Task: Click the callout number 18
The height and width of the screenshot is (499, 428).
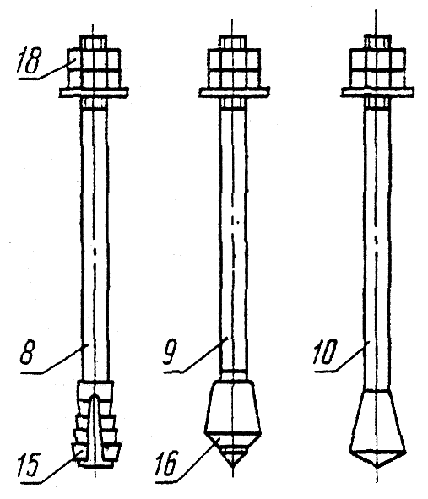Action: pos(30,61)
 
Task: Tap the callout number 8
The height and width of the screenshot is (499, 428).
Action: pos(27,353)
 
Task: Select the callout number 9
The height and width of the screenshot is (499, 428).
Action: pos(170,353)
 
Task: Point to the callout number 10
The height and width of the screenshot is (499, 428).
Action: pos(324,352)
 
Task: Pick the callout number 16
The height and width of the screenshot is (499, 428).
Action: pos(165,464)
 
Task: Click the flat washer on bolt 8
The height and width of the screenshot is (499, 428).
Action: pos(95,93)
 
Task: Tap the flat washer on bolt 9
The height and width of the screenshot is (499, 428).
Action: pos(234,92)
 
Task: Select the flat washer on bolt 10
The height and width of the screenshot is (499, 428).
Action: pos(377,92)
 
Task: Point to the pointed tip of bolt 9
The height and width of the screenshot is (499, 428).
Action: pos(233,467)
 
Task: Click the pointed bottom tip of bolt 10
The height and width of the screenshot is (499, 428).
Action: pos(377,467)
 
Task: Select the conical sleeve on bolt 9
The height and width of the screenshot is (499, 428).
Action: pos(233,407)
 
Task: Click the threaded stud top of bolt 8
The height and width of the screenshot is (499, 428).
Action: pos(93,41)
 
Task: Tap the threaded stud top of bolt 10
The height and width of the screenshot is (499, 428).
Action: pos(377,41)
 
